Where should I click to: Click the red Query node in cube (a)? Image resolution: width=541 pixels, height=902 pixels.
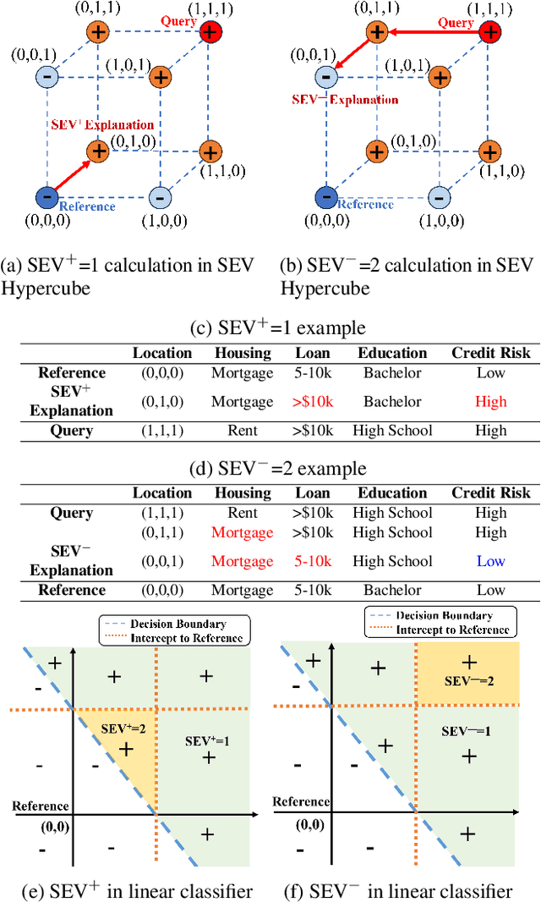pos(210,33)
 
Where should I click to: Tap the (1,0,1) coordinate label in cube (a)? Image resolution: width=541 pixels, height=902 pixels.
pos(134,64)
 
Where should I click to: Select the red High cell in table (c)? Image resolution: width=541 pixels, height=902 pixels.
pos(490,401)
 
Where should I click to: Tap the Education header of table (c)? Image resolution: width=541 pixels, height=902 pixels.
pos(392,353)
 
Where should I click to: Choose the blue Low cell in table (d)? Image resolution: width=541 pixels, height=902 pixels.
pos(490,561)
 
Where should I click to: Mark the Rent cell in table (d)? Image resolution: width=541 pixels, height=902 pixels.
pos(242,513)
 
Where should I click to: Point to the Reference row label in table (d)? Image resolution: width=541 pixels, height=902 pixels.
pos(72,590)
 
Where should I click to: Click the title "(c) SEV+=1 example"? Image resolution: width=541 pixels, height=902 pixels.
pos(270,328)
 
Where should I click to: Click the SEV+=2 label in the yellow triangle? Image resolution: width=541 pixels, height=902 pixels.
pos(123,728)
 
